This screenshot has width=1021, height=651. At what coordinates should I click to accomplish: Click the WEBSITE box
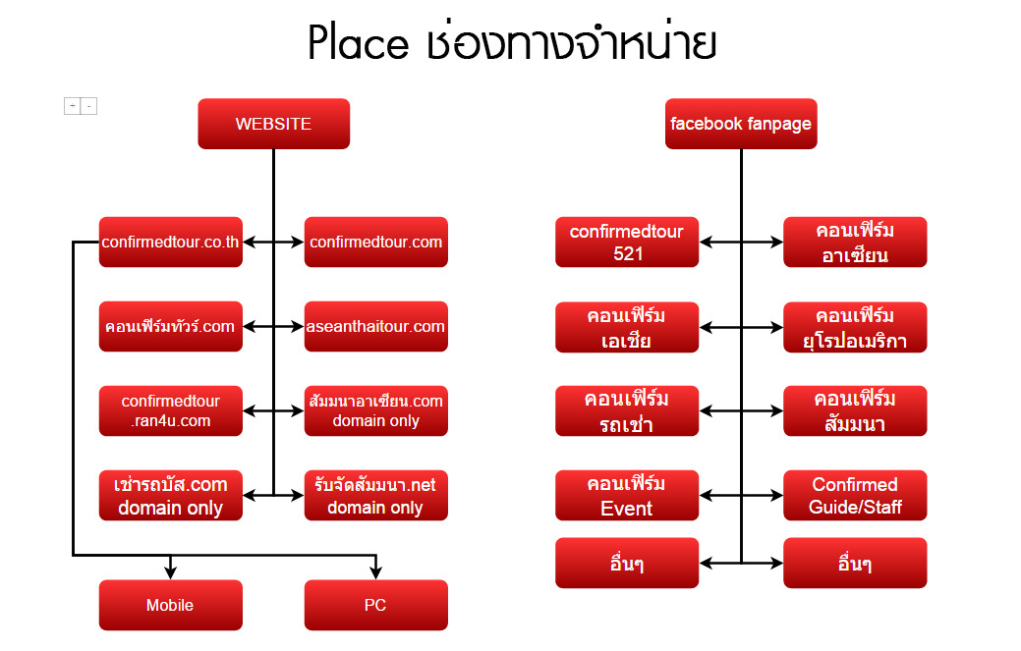pyautogui.click(x=273, y=124)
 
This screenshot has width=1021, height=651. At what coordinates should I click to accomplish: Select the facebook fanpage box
pyautogui.click(x=741, y=124)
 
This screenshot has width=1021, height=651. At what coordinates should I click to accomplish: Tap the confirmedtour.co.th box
pyautogui.click(x=171, y=242)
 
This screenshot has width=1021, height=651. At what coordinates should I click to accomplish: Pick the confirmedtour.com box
pyautogui.click(x=376, y=242)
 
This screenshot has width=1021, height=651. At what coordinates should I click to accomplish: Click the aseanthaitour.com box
pyautogui.click(x=376, y=326)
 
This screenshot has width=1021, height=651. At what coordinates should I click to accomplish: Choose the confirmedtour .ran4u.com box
pyautogui.click(x=171, y=411)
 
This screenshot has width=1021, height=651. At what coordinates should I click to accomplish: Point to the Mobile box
pyautogui.click(x=171, y=605)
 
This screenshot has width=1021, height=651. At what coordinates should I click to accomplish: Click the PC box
pyautogui.click(x=376, y=605)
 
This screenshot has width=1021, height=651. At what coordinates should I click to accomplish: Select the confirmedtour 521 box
pyautogui.click(x=627, y=242)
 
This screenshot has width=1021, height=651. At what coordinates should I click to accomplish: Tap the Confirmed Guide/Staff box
pyautogui.click(x=855, y=496)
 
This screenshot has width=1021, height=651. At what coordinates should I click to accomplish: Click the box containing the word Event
pyautogui.click(x=627, y=496)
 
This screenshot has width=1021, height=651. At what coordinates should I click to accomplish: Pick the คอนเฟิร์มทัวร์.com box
pyautogui.click(x=171, y=326)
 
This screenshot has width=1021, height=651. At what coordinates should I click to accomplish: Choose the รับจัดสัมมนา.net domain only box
pyautogui.click(x=376, y=496)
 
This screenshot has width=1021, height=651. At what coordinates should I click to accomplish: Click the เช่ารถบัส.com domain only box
pyautogui.click(x=171, y=496)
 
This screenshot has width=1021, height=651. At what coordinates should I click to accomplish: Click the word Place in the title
pyautogui.click(x=358, y=43)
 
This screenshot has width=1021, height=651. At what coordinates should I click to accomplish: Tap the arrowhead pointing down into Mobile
pyautogui.click(x=171, y=571)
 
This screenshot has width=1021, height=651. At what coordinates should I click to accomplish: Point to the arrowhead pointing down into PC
pyautogui.click(x=376, y=571)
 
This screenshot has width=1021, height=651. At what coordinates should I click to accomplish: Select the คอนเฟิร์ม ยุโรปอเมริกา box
pyautogui.click(x=855, y=327)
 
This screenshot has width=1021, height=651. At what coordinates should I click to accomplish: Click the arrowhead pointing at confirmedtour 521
pyautogui.click(x=707, y=242)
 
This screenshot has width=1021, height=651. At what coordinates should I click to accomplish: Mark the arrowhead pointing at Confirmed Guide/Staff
pyautogui.click(x=776, y=496)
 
